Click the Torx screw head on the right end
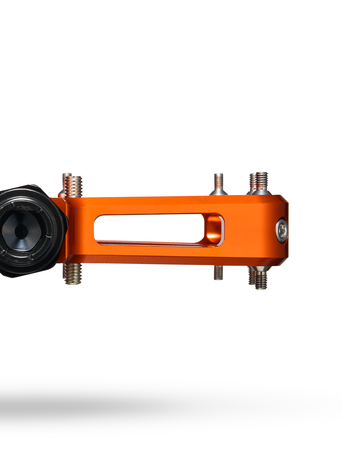point(282,231)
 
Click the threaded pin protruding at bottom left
point(72,273)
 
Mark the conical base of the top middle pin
point(219,192)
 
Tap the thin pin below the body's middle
point(218,273)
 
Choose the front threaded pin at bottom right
point(261,280)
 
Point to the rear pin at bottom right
point(252,276)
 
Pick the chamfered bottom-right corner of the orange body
point(283,260)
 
